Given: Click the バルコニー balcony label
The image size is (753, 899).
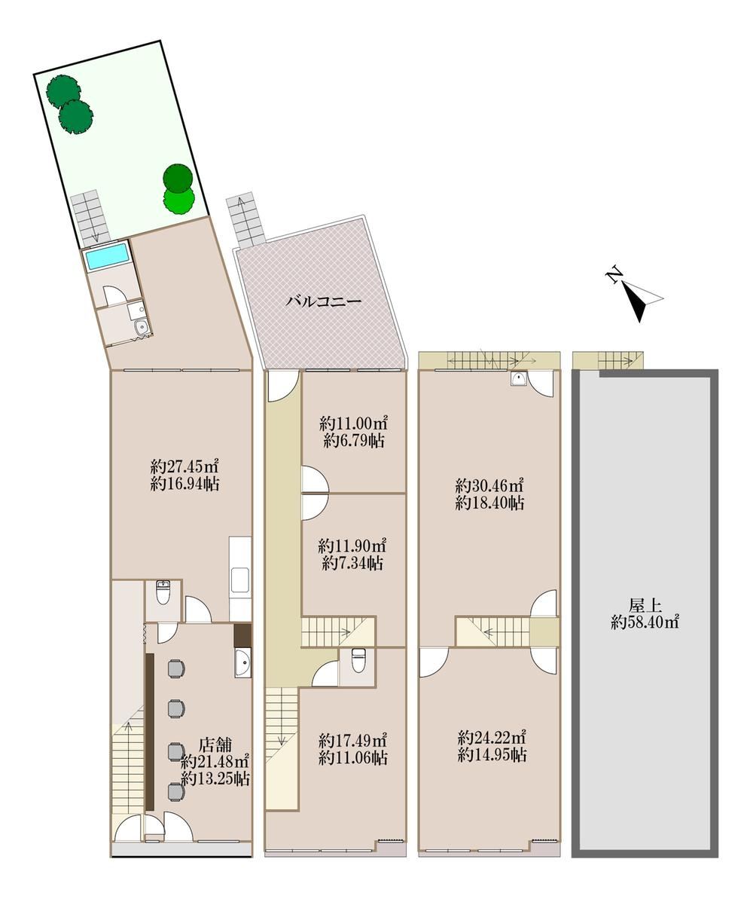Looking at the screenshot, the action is pos(324,301).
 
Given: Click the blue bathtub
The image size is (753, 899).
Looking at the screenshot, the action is pos(107,258).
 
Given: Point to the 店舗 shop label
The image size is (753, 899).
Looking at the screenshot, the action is pos(215,745).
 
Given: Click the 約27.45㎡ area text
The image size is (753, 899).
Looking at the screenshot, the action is pos(184,465).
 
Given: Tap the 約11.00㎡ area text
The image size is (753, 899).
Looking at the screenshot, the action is pos(354,424).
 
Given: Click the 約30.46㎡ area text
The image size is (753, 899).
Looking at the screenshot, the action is pos(490,485).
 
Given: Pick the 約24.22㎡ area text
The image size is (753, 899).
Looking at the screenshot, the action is pos(492,737).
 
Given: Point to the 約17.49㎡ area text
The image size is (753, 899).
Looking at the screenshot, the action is pos(353,739).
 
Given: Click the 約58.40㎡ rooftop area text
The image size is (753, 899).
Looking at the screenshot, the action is pos(645,622).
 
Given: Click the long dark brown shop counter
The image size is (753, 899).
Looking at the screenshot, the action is pos(150,732).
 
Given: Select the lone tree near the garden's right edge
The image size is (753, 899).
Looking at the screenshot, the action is pos(178,188).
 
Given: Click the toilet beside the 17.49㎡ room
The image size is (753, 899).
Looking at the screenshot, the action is pos(358,659).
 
